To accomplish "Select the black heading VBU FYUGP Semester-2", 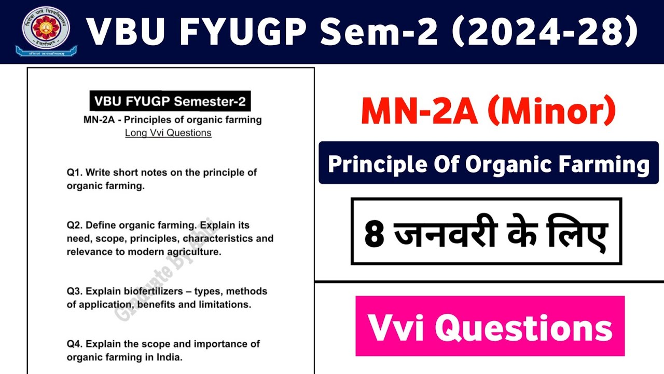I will coord(170,101).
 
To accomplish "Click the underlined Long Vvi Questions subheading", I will coord(168,133).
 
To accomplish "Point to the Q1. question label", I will coord(75,172).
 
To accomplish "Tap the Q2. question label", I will coord(75,225).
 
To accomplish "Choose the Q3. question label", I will coord(75,291).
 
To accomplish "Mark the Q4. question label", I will coord(75,344).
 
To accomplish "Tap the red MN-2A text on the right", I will coord(420,112).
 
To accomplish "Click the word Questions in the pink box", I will coord(523,327).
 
